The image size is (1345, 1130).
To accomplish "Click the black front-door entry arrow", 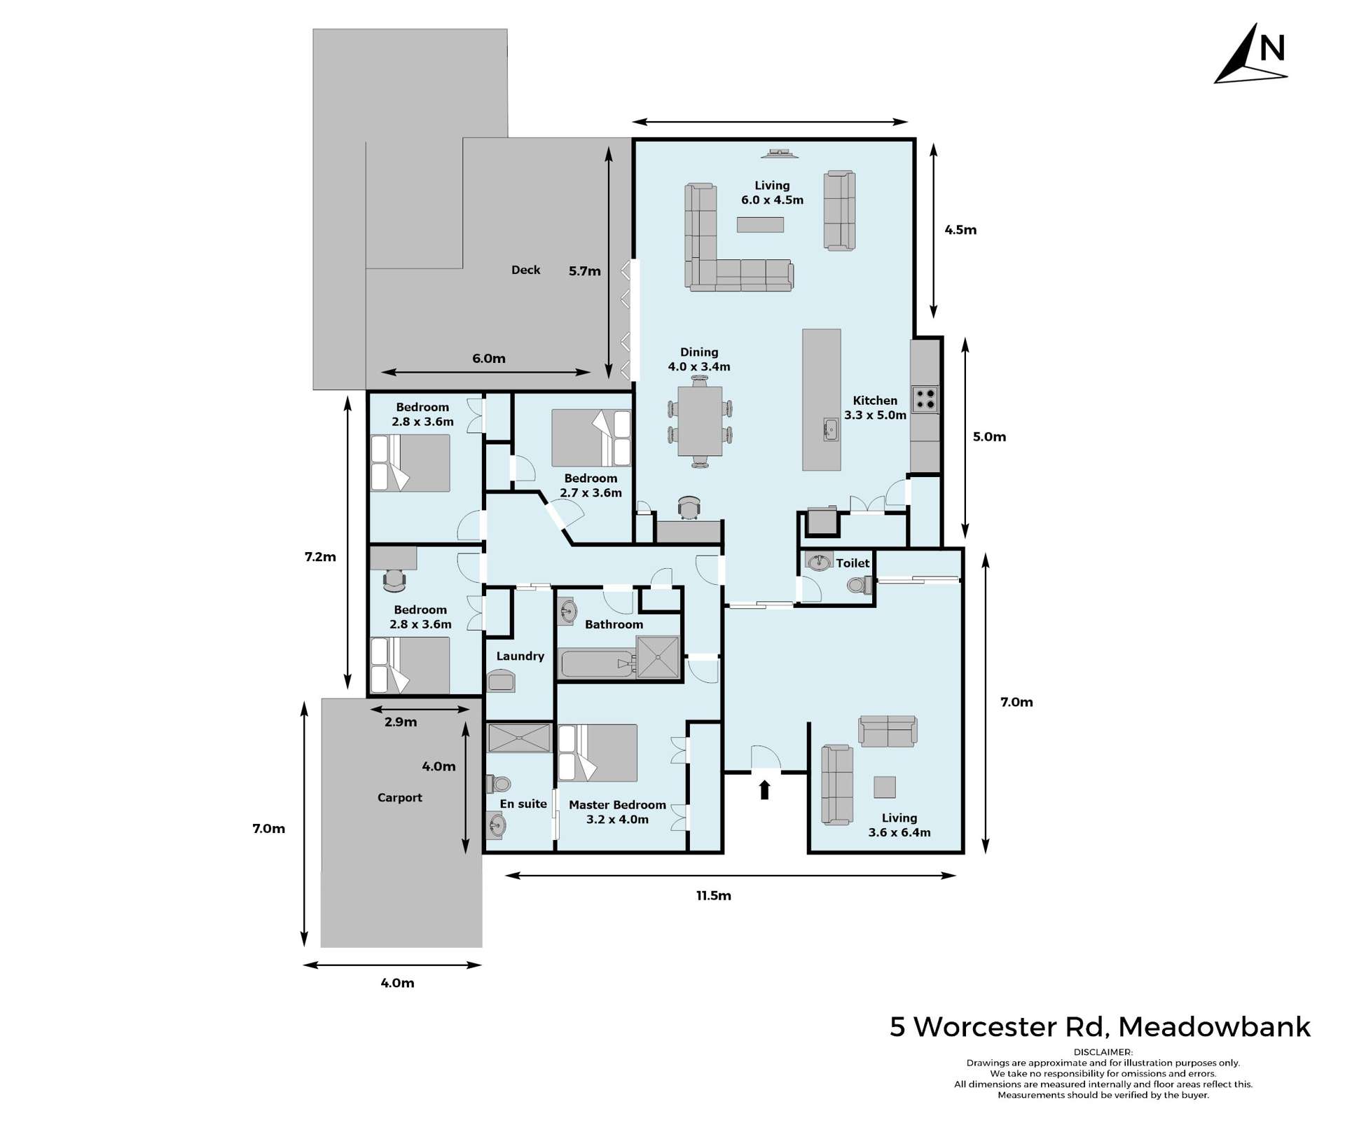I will point(764,790).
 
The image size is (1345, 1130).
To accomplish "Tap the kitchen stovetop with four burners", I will point(924,399).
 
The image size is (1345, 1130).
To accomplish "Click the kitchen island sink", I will point(830,429).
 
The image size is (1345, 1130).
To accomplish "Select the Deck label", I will point(525,270).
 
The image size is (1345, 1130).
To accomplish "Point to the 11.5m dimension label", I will point(713,895).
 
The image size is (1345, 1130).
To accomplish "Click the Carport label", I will point(399,797).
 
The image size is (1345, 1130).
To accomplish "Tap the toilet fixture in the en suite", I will point(498,783).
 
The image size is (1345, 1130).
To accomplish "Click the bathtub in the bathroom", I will point(595,663).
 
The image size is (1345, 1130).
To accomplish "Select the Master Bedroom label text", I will point(617,805).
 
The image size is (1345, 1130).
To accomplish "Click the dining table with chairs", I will point(700,421).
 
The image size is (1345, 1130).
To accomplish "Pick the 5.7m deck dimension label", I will point(584,271).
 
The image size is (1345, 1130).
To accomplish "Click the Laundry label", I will point(520,656).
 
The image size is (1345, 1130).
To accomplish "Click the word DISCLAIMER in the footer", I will point(1103,1052).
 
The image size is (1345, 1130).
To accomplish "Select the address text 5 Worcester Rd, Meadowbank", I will point(1100,1026).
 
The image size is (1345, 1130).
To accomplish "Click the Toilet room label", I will point(853,563).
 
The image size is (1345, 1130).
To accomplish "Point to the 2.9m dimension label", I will point(401,722).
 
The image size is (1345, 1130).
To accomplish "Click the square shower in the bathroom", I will point(658,656).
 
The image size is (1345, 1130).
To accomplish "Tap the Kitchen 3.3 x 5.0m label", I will point(875,408).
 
